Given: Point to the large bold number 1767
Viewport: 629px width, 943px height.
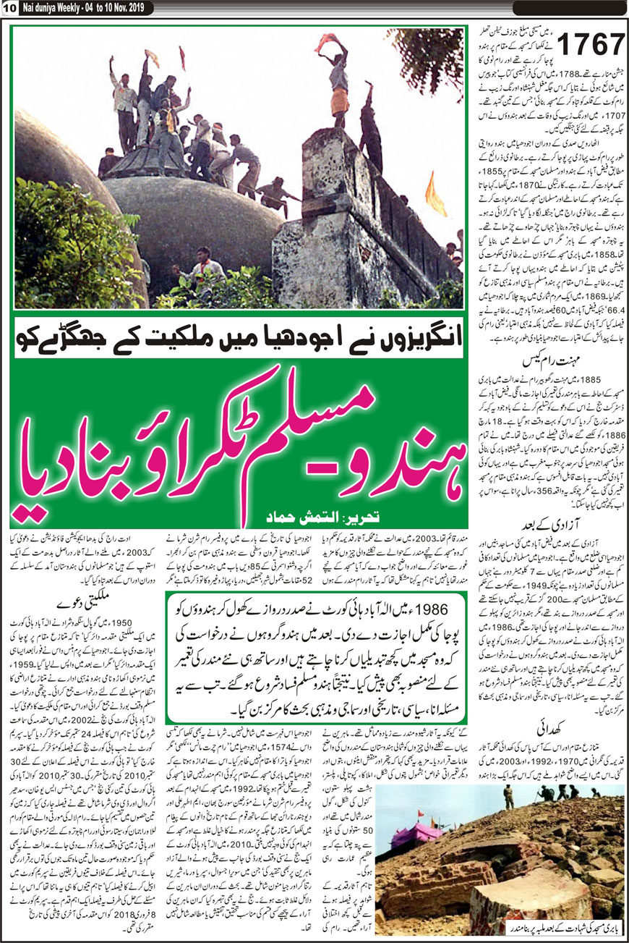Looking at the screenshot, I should pyautogui.click(x=590, y=46).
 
